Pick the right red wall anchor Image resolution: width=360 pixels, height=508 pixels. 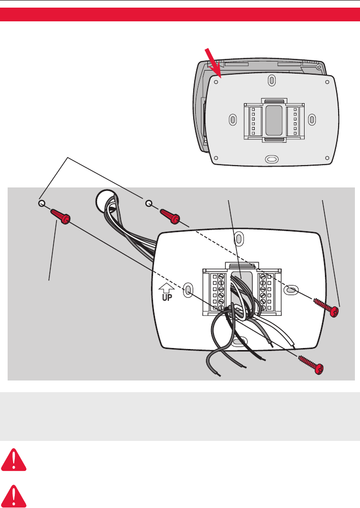(x=169, y=216)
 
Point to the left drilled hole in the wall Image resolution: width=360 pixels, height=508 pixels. (x=41, y=203)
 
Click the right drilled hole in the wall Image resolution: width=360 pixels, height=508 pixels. (x=149, y=204)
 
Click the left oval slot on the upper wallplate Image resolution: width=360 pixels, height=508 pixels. (x=233, y=119)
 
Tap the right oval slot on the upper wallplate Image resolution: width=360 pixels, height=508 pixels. (x=312, y=119)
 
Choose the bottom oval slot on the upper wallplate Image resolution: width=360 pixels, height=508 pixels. (x=273, y=159)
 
